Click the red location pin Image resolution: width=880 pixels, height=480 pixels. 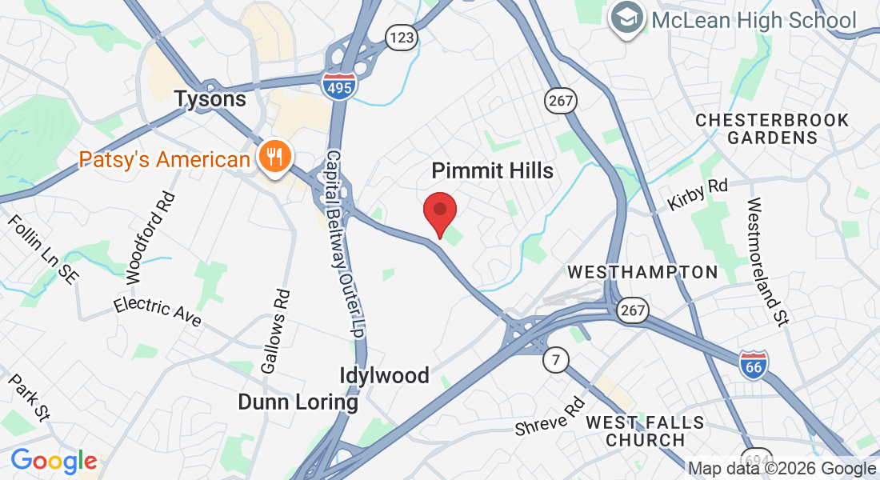click(x=439, y=213)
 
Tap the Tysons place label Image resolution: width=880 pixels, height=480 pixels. click(x=210, y=99)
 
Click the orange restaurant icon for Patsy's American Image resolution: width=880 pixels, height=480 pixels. click(x=274, y=159)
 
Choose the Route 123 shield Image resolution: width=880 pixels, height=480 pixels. click(x=400, y=36)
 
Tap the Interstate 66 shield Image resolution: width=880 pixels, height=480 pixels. click(x=754, y=364)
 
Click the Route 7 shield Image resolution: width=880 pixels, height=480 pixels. click(x=554, y=359)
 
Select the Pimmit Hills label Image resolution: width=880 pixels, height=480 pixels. click(x=492, y=170)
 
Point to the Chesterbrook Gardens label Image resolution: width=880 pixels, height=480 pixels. click(x=772, y=129)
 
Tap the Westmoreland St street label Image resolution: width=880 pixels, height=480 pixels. click(x=766, y=261)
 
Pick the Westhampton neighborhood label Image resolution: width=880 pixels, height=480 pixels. click(x=643, y=272)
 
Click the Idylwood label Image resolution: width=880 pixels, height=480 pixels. click(x=384, y=375)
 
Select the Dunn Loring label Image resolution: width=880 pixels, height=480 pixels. click(x=298, y=402)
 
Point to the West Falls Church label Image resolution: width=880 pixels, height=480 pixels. click(x=645, y=430)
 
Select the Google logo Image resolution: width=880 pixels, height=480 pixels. click(x=54, y=462)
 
